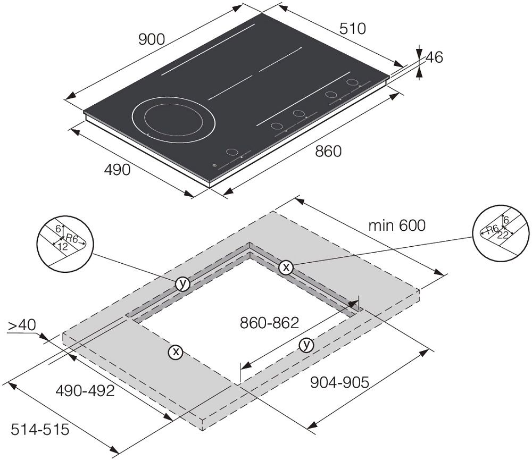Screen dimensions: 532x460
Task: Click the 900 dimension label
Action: pyautogui.click(x=152, y=40)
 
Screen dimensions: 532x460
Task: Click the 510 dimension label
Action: pyautogui.click(x=353, y=29)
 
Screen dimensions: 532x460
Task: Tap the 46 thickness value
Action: pyautogui.click(x=434, y=57)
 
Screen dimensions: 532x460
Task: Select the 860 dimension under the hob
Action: pyautogui.click(x=328, y=152)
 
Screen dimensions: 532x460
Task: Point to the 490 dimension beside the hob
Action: pyautogui.click(x=117, y=170)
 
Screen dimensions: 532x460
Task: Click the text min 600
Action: pyautogui.click(x=397, y=225)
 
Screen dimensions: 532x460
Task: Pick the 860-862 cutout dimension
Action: pyautogui.click(x=269, y=323)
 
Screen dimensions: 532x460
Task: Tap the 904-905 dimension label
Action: pyautogui.click(x=339, y=383)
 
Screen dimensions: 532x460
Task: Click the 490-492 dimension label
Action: pyautogui.click(x=85, y=391)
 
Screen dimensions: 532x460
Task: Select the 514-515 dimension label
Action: pyautogui.click(x=40, y=430)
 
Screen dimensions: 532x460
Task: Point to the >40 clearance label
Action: pyautogui.click(x=22, y=325)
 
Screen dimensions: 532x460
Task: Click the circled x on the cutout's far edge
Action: pyautogui.click(x=286, y=267)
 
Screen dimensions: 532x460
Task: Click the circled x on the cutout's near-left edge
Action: pyautogui.click(x=176, y=352)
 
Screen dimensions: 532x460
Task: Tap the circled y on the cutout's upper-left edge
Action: pyautogui.click(x=182, y=283)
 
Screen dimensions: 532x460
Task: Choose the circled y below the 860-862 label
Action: pyautogui.click(x=306, y=345)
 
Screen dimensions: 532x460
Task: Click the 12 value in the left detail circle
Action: pyautogui.click(x=63, y=247)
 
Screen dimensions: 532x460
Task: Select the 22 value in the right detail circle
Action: pyautogui.click(x=503, y=235)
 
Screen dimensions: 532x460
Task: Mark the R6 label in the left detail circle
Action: pyautogui.click(x=72, y=238)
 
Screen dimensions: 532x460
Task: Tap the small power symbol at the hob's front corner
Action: pyautogui.click(x=214, y=165)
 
